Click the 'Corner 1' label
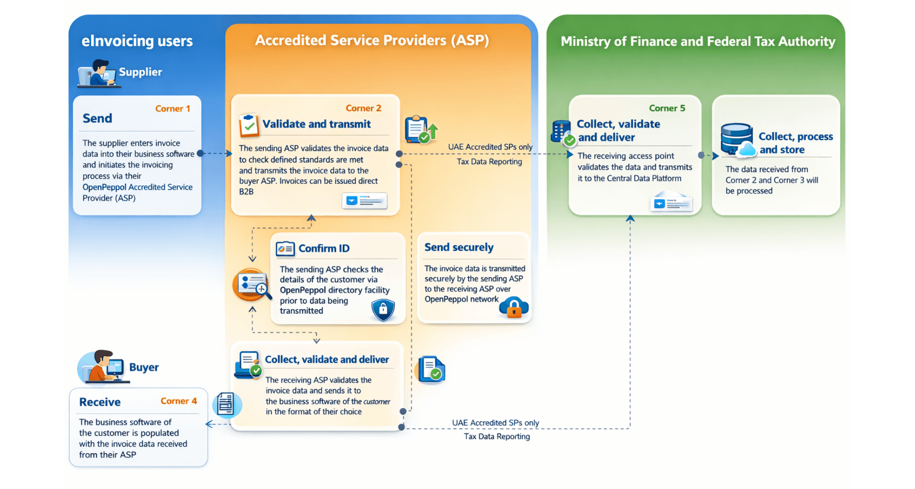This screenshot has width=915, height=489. [x=173, y=109]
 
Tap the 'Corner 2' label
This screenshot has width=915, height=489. [x=363, y=108]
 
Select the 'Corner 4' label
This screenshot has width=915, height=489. [x=178, y=401]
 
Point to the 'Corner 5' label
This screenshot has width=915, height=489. [x=667, y=108]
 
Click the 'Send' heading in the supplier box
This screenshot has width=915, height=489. [x=97, y=118]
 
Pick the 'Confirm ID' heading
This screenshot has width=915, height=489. [x=324, y=249]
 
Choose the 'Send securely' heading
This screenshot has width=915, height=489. [x=459, y=247]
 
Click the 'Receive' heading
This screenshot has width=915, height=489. [x=100, y=402]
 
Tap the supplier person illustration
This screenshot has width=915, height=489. [x=98, y=73]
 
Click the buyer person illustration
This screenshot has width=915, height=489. [x=101, y=366]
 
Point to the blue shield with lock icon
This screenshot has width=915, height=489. [x=383, y=310]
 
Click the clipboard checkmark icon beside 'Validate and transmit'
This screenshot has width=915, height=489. [x=249, y=125]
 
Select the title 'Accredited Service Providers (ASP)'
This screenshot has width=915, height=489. [x=372, y=41]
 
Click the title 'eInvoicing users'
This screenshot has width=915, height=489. [x=137, y=41]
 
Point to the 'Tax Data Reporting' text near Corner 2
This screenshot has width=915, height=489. [x=489, y=162]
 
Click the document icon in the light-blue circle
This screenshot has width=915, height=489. [x=226, y=405]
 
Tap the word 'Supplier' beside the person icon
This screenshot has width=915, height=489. [x=140, y=72]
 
